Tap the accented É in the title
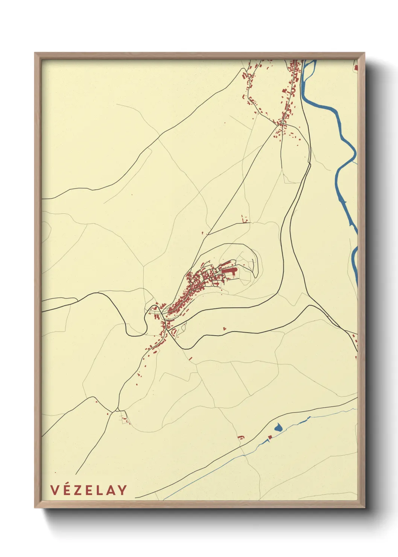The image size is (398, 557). click(66, 490)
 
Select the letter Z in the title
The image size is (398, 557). click(77, 490)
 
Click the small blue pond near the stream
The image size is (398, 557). click(278, 428)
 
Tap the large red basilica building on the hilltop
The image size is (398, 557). click(228, 271)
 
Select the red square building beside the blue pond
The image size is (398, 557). click(269, 437)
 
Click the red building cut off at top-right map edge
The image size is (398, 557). click(355, 68)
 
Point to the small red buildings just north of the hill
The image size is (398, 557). click(245, 219)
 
